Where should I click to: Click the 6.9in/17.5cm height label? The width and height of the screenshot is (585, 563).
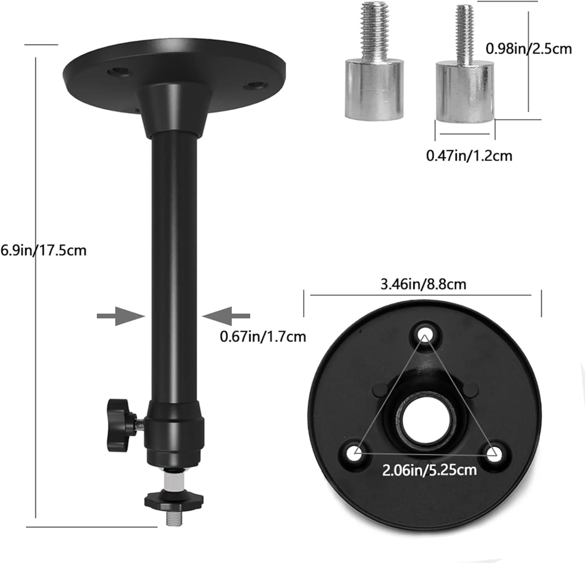(43, 250)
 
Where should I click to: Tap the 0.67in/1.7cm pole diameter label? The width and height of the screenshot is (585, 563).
(263, 336)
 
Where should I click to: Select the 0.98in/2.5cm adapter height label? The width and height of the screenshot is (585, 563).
(528, 49)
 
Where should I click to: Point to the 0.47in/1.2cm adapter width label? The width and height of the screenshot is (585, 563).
(469, 156)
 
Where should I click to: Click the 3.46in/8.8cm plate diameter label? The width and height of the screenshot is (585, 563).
(423, 284)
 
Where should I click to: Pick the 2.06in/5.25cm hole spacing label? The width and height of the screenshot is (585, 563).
(429, 470)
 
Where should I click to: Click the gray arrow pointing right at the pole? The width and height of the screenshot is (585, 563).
(121, 316)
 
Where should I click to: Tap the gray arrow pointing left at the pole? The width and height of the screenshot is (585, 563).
(226, 316)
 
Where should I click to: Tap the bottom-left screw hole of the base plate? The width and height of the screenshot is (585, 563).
(356, 453)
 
